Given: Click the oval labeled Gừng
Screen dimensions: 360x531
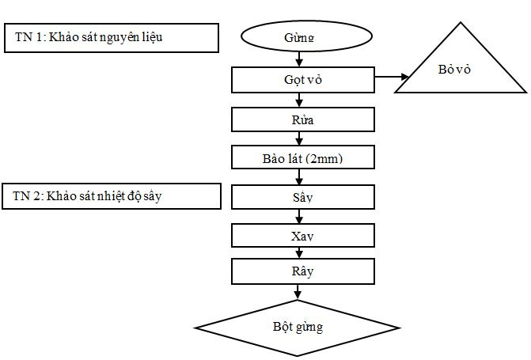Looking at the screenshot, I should coord(298,37).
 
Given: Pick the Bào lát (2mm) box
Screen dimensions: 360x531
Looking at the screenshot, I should coord(302,157).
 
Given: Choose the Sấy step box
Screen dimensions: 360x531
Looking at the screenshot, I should coord(302,196).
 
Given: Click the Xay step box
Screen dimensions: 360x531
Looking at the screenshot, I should coord(302,235).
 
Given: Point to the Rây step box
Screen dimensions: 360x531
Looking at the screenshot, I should coord(302,271).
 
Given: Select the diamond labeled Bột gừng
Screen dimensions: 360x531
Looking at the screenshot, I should coord(298,325).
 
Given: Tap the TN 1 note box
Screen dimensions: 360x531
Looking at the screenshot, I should coord(111,37).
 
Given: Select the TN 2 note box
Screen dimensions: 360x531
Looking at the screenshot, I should coord(111,196).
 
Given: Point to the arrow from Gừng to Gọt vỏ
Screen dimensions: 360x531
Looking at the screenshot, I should coord(299,59).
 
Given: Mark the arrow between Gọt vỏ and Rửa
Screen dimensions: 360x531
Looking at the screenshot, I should coord(299,100).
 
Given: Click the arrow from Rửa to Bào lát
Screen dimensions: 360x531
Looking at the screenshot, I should coord(299,138).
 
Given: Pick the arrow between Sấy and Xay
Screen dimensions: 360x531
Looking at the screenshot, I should coord(299,216).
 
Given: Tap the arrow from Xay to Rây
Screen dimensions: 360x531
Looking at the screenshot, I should coord(299,253).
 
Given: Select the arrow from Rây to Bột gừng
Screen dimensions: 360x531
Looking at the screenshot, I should coord(299,292).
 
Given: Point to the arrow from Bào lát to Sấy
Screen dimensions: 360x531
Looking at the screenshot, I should coord(299,176).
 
